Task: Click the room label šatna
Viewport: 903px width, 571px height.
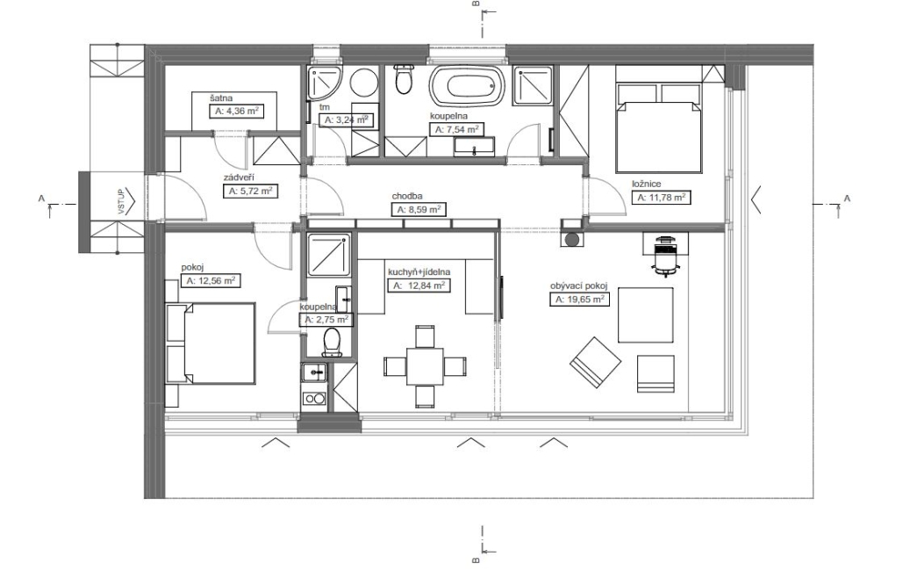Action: [x=221, y=98]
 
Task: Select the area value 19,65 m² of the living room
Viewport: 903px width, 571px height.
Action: [x=579, y=300]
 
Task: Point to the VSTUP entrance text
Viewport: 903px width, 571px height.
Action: [x=121, y=202]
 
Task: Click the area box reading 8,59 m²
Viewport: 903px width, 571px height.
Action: [x=419, y=210]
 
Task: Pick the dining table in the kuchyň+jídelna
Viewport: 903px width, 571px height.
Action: [x=425, y=365]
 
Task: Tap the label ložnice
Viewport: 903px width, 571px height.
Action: [x=647, y=184]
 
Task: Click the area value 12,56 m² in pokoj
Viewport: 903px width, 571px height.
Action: [x=211, y=281]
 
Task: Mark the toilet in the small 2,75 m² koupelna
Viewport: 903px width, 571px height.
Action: [x=333, y=342]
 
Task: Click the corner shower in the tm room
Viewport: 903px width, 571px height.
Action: [x=325, y=83]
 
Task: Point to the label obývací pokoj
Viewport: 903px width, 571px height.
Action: [x=579, y=286]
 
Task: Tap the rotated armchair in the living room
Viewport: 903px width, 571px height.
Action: [x=596, y=363]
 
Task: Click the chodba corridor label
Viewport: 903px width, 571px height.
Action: [x=407, y=196]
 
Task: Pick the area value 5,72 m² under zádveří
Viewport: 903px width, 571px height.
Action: [x=250, y=191]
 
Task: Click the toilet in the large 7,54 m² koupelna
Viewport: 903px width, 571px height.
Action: [x=405, y=79]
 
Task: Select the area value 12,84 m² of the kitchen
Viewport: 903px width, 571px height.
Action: [x=419, y=285]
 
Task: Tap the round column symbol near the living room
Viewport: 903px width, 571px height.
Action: [x=573, y=239]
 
